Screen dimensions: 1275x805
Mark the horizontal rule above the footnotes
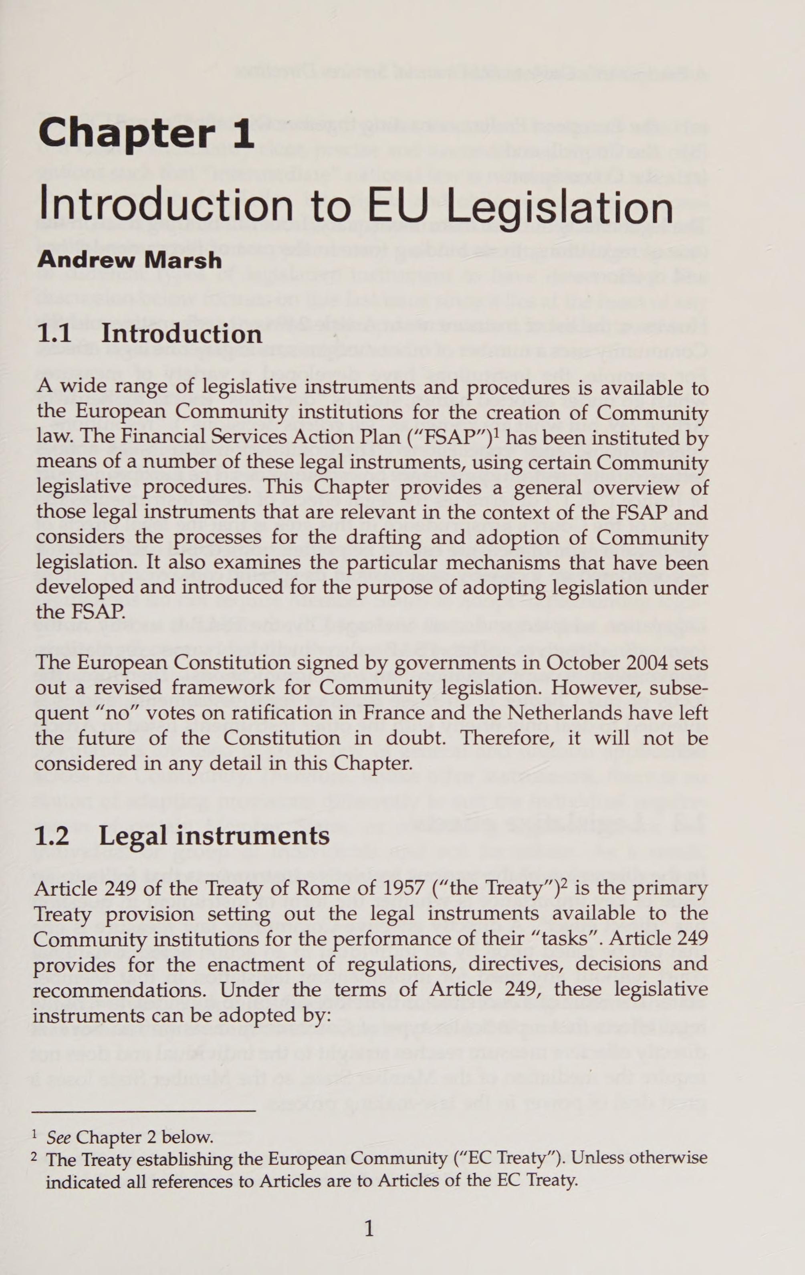point(144,1111)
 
